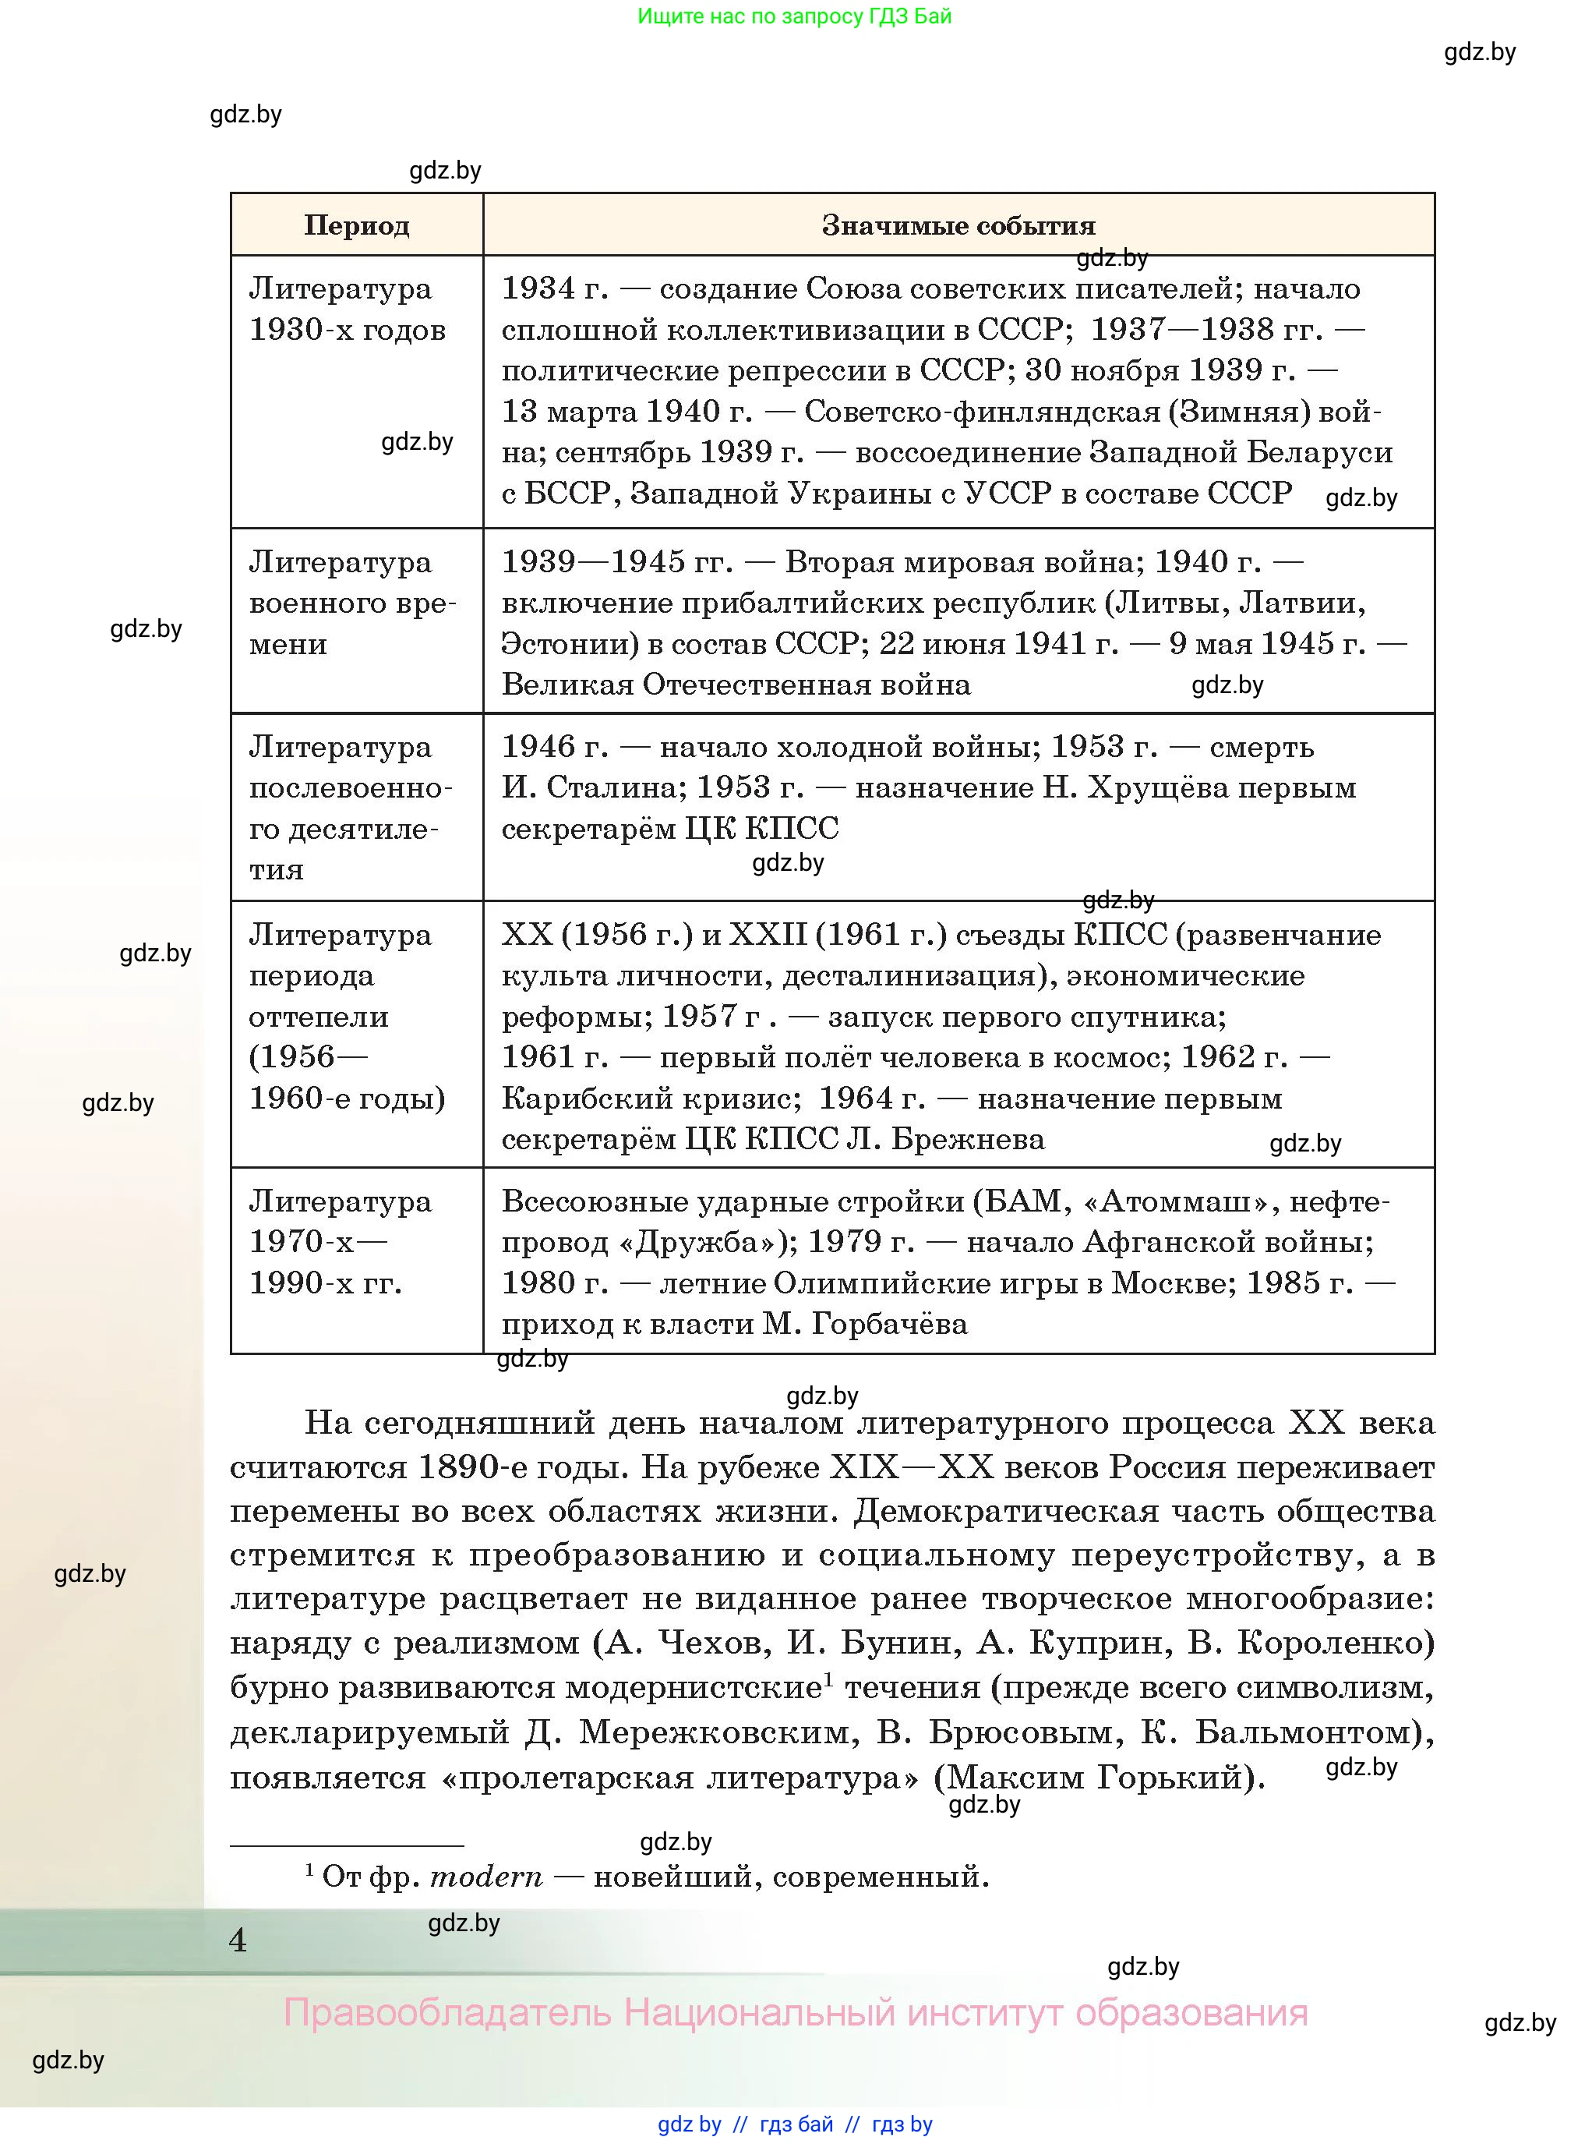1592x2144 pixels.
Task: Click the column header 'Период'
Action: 357,225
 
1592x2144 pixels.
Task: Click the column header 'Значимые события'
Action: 958,225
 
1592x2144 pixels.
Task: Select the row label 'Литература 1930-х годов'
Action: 347,310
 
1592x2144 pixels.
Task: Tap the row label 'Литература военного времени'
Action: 351,603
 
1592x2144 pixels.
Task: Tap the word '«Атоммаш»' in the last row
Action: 1176,1201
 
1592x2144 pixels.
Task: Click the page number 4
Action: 238,1940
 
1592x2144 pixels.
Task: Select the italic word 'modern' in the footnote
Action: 485,1877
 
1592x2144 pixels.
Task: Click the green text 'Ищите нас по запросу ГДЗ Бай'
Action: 794,16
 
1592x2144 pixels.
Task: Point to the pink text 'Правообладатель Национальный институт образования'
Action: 795,2013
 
